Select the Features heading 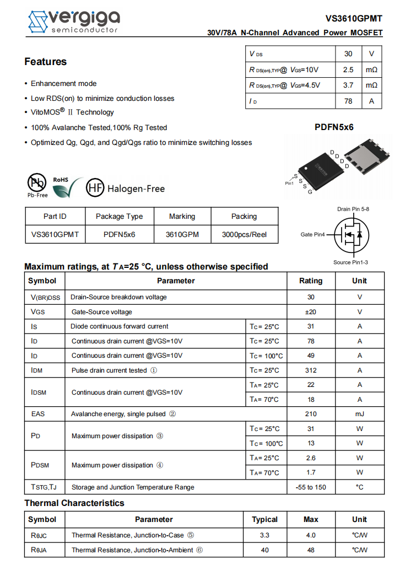click(45, 62)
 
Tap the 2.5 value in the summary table click(348, 70)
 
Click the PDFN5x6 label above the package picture click(334, 127)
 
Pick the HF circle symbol click(95, 189)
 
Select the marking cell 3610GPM click(182, 234)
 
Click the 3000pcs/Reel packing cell click(244, 234)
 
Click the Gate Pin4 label click(312, 235)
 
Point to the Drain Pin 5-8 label click(353, 209)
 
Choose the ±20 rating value click(311, 312)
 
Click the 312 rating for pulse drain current click(311, 370)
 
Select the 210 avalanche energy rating click(311, 414)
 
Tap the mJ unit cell click(359, 414)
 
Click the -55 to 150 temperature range click(311, 487)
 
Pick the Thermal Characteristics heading click(74, 503)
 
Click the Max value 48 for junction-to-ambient click(311, 550)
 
